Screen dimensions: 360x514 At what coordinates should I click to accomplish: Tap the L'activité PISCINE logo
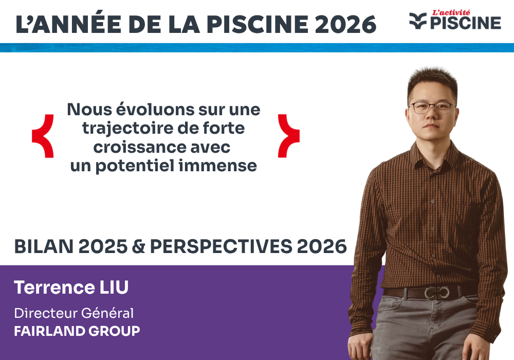[x=455, y=20]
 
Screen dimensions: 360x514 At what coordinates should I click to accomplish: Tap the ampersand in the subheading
[x=138, y=247]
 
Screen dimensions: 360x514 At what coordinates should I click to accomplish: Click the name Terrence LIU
[x=71, y=288]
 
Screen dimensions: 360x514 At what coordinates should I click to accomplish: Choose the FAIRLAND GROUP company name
[x=77, y=331]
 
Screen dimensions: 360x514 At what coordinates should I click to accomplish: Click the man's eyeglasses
[x=432, y=107]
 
